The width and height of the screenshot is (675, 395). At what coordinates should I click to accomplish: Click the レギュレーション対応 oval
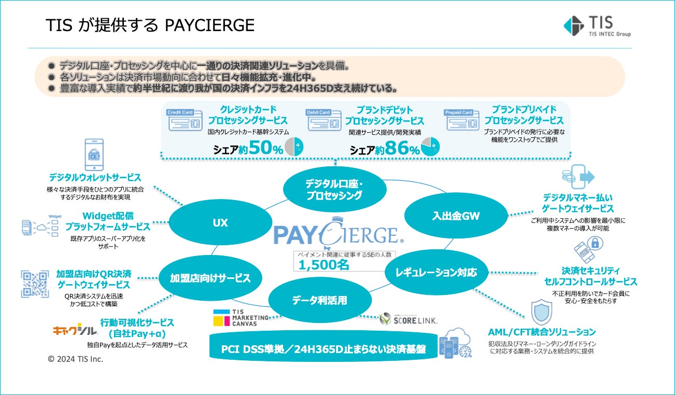click(x=436, y=272)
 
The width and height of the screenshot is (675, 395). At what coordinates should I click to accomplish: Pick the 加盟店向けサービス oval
click(x=210, y=278)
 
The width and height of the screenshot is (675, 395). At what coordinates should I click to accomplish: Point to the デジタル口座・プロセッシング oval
click(x=334, y=189)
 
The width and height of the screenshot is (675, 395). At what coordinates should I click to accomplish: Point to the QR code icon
click(x=35, y=284)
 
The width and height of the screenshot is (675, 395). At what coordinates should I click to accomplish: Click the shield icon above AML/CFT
click(x=541, y=313)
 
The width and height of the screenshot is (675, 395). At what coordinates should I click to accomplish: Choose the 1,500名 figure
click(x=322, y=264)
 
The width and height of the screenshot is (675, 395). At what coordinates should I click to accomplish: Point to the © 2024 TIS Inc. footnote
click(x=75, y=359)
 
